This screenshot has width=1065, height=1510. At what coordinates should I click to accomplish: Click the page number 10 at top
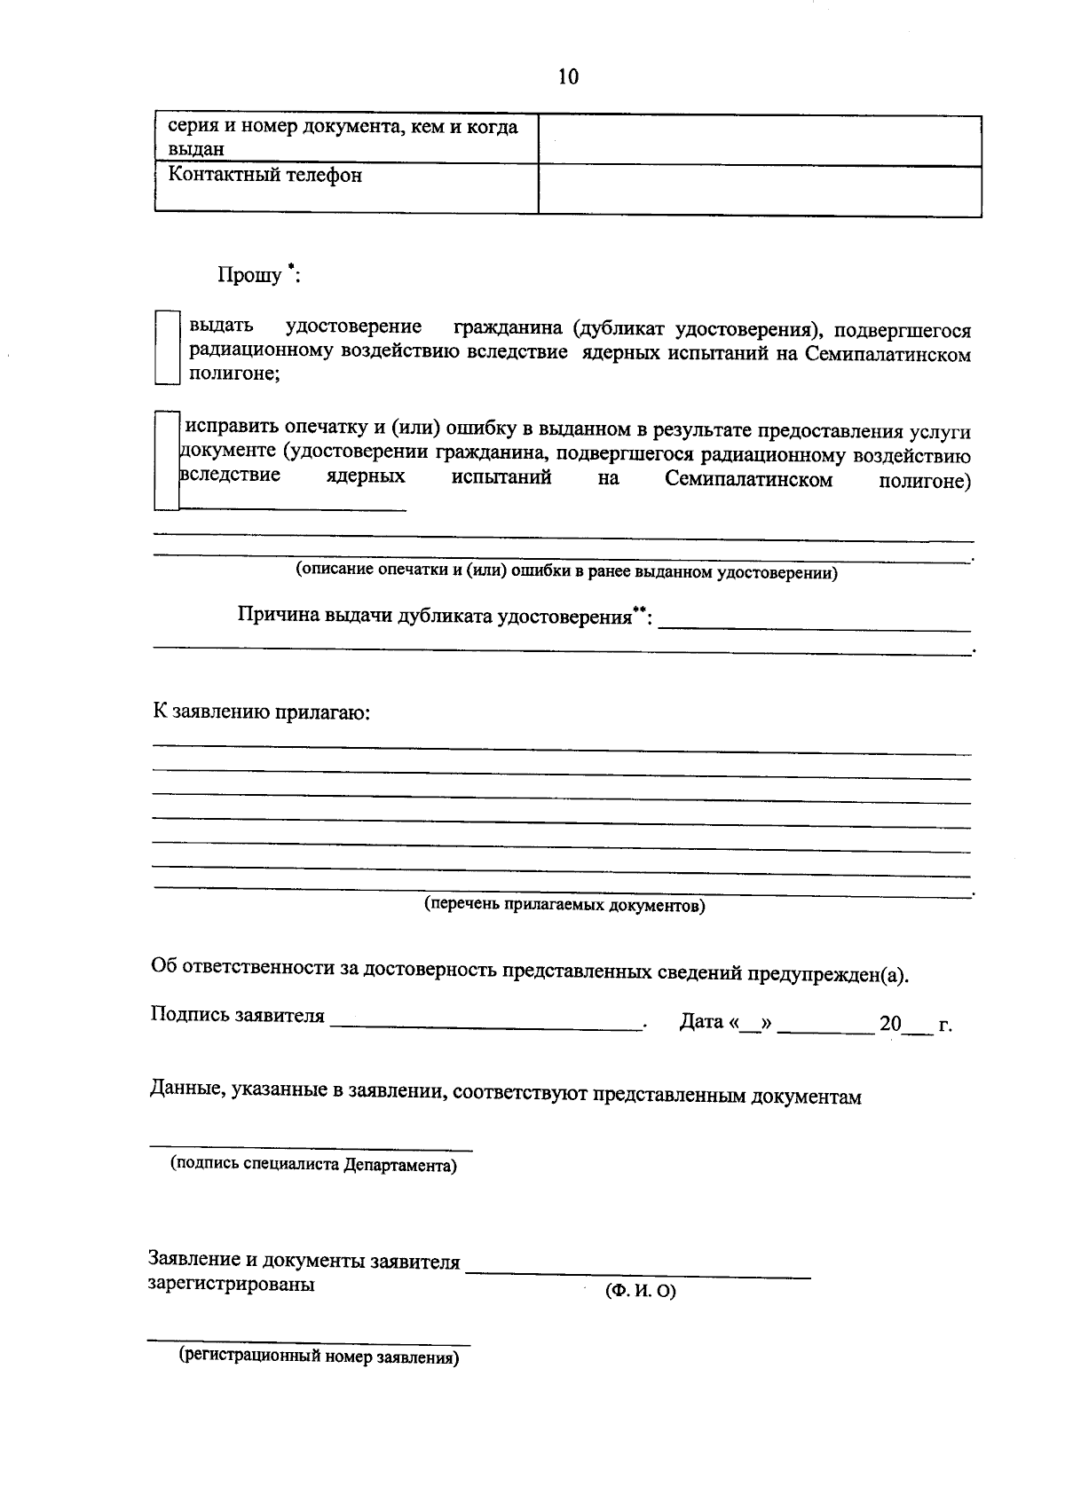tap(568, 77)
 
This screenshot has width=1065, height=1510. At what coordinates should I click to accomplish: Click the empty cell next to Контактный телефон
tap(759, 189)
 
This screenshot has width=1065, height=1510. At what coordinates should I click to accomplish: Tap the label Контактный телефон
tap(265, 176)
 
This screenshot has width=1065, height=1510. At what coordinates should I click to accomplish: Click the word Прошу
tap(249, 275)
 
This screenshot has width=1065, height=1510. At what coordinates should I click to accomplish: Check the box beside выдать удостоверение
tap(167, 347)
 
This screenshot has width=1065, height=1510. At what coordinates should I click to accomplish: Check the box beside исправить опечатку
tap(167, 460)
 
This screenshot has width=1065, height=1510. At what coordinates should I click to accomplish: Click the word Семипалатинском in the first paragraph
tap(888, 354)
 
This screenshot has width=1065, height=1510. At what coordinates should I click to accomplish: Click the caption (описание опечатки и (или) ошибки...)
tap(566, 572)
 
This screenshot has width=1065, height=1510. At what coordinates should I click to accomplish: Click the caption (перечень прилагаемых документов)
tap(564, 906)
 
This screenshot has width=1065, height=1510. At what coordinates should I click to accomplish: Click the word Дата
tap(701, 1022)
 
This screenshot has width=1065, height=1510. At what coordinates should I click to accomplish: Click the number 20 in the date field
tap(889, 1025)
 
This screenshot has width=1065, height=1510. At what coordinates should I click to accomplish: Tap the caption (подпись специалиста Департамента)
tap(313, 1165)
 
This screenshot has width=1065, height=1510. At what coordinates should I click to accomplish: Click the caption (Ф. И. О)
tap(640, 1292)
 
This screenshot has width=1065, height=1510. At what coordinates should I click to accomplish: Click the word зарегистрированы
tap(231, 1284)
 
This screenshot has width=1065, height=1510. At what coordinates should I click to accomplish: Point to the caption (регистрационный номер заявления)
tap(319, 1357)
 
